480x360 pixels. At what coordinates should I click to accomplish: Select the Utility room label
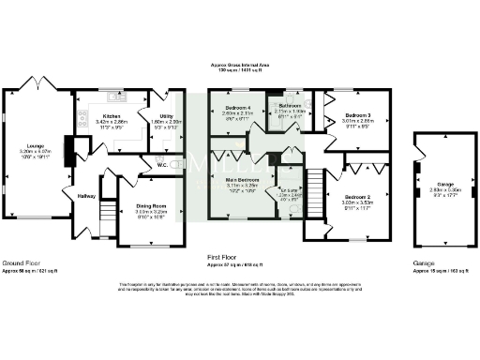(x=165, y=117)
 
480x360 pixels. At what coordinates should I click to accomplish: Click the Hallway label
(x=86, y=196)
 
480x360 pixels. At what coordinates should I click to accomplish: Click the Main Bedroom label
(x=239, y=181)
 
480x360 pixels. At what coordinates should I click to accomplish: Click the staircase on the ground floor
(x=108, y=214)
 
